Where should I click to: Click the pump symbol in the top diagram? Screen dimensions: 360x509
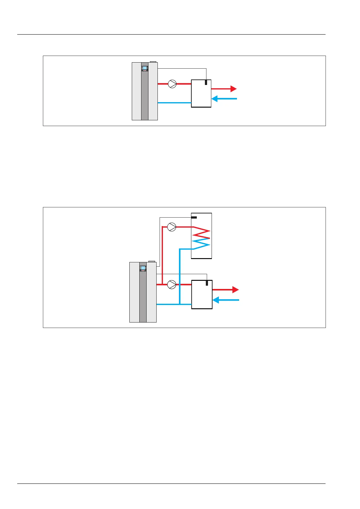click(172, 84)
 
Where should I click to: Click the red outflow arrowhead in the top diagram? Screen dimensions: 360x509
click(233, 89)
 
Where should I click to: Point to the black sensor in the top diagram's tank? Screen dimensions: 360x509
click(206, 82)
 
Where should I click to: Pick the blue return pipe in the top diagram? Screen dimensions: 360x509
click(174, 103)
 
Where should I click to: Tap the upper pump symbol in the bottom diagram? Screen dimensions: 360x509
click(172, 227)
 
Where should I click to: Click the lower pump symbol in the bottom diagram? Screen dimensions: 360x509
click(172, 284)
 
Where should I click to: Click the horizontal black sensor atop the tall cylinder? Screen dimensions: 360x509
click(194, 217)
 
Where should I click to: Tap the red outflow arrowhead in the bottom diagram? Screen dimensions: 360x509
click(235, 290)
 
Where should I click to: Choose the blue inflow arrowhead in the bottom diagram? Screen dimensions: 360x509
click(216, 300)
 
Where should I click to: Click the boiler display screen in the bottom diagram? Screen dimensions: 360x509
click(143, 268)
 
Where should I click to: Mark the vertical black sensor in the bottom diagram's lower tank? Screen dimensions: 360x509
click(207, 283)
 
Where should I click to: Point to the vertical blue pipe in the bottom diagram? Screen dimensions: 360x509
click(180, 275)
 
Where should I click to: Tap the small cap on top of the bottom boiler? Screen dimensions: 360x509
click(152, 261)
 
